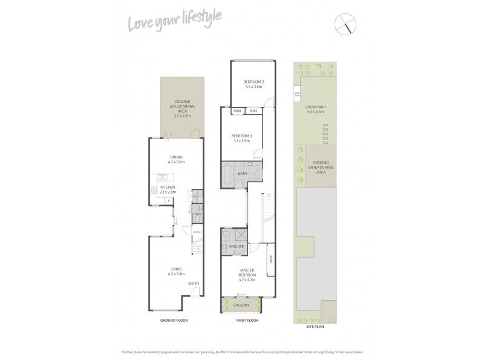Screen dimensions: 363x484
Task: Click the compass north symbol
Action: (345, 25)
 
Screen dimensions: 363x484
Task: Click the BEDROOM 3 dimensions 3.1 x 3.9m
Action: (242, 141)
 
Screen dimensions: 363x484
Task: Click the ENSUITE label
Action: (237, 247)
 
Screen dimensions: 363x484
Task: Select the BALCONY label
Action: (241, 305)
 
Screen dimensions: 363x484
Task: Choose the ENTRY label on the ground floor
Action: (194, 284)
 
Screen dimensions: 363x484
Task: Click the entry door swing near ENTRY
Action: (195, 292)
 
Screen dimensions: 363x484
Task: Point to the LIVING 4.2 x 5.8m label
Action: (175, 272)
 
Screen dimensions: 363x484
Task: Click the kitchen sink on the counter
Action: (163, 177)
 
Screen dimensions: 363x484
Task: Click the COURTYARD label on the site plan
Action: (316, 110)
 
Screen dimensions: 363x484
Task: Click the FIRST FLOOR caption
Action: (247, 319)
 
